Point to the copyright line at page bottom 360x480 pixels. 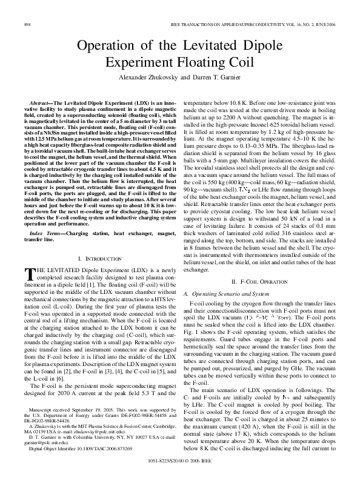coord(179,460)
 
